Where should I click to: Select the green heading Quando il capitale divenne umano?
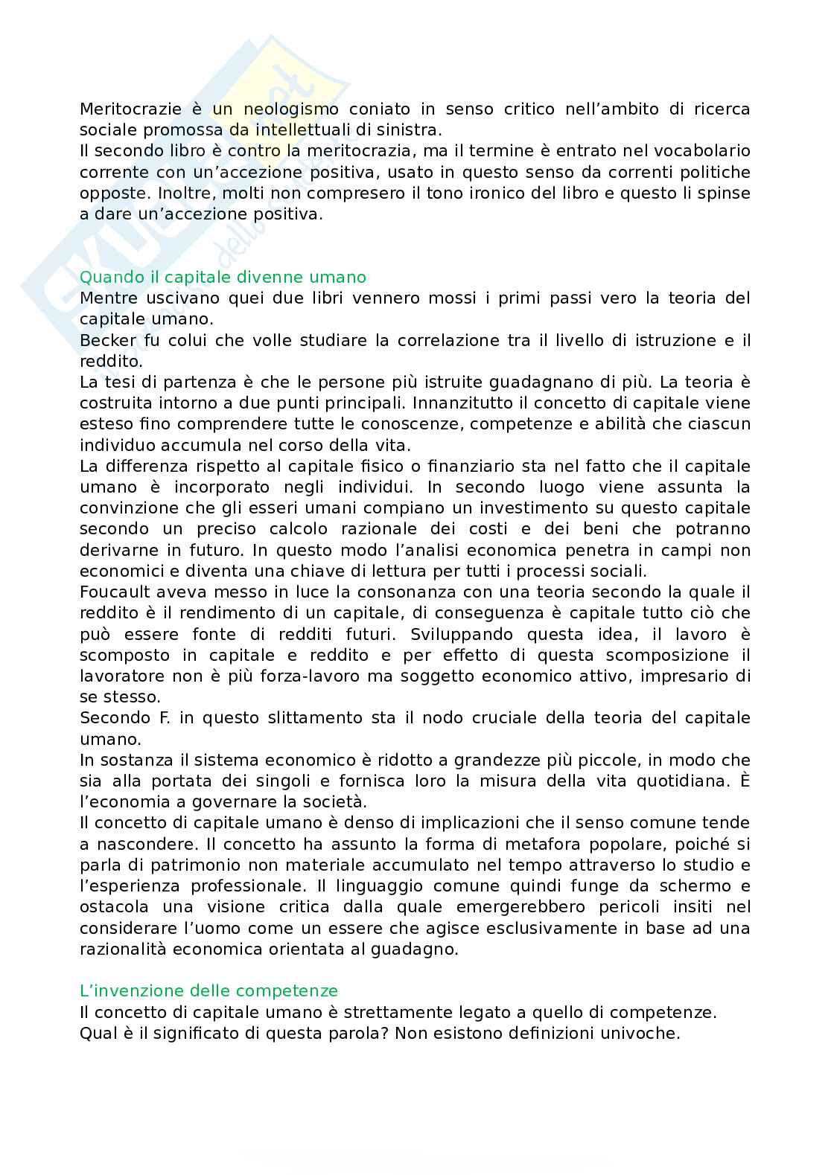pos(223,278)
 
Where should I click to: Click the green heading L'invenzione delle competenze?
pos(208,991)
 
